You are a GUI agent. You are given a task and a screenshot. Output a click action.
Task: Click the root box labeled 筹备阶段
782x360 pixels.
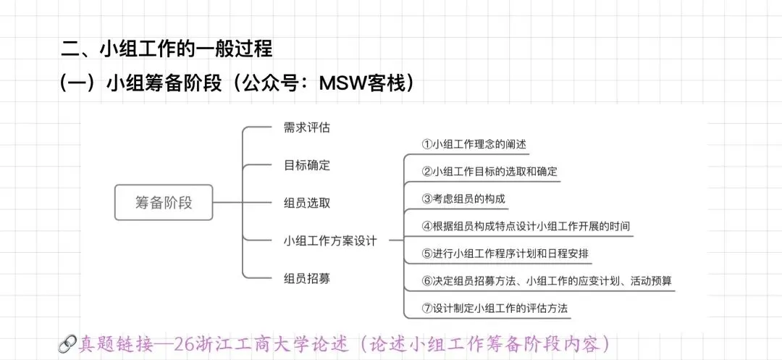coord(164,202)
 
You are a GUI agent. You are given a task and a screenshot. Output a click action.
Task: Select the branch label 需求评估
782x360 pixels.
coord(307,128)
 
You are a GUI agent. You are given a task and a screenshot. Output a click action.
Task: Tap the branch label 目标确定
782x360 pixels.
coord(307,165)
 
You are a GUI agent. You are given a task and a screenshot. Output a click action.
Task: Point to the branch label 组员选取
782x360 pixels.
coord(307,203)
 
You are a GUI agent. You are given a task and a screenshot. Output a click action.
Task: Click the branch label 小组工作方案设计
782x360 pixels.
coord(330,240)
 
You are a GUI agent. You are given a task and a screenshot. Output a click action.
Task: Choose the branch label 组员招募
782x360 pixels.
coord(307,277)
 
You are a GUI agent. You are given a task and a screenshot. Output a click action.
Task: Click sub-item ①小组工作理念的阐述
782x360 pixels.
coord(474,144)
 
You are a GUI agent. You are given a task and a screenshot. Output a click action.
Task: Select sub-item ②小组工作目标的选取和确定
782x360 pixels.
coord(489,172)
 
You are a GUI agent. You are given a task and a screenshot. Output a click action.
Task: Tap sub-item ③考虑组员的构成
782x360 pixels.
coord(463,198)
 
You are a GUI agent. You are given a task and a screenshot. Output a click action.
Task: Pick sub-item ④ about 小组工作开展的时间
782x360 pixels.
coord(526,226)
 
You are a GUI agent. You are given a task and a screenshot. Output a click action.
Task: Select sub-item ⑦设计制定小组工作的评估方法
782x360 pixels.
coord(495,308)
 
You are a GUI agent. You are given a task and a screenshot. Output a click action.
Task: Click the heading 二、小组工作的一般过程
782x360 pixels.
coord(167,50)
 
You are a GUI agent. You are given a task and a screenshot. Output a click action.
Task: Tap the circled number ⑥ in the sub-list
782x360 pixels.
coord(426,280)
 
